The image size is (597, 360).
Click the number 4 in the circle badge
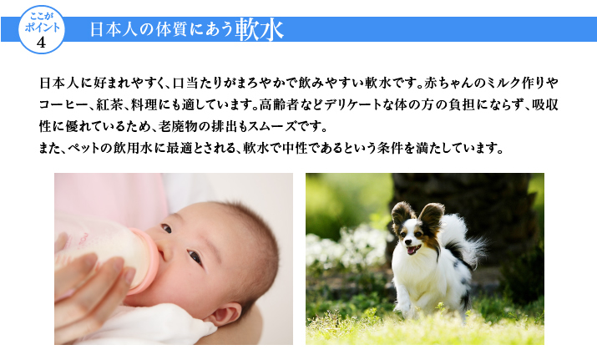coord(41,42)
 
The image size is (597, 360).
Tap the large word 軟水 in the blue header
coord(260,30)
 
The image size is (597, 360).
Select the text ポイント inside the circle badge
coord(43,28)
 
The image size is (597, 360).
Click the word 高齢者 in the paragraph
coord(278,104)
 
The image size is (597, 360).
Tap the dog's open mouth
coord(413,250)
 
